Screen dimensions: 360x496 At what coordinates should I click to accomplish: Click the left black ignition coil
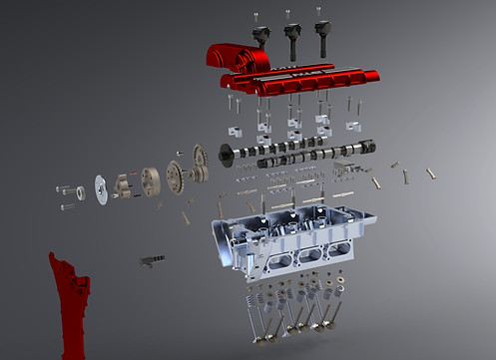[x=261, y=35]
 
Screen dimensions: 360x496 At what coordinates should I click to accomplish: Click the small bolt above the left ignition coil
[x=256, y=15]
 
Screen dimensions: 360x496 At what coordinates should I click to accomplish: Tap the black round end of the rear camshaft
[x=227, y=155]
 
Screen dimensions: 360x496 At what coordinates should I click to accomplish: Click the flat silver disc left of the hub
[x=100, y=187]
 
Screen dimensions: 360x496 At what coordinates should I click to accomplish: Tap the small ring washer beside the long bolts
[x=80, y=188]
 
